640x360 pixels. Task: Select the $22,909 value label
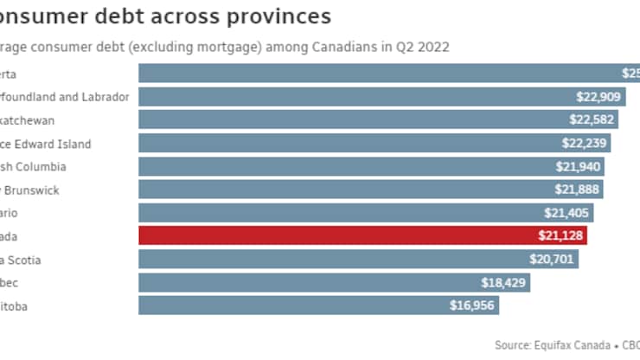pos(599,97)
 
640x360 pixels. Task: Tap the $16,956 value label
pos(472,305)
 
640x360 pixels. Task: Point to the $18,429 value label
pos(504,282)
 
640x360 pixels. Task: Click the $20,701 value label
pos(553,260)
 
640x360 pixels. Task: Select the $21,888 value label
pos(578,190)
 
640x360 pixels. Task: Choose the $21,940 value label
pos(579,166)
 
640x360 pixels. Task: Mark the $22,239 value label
pos(585,144)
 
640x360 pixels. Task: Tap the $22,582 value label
pos(592,120)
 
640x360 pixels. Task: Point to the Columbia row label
pos(43,166)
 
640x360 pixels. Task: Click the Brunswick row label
pos(35,190)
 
